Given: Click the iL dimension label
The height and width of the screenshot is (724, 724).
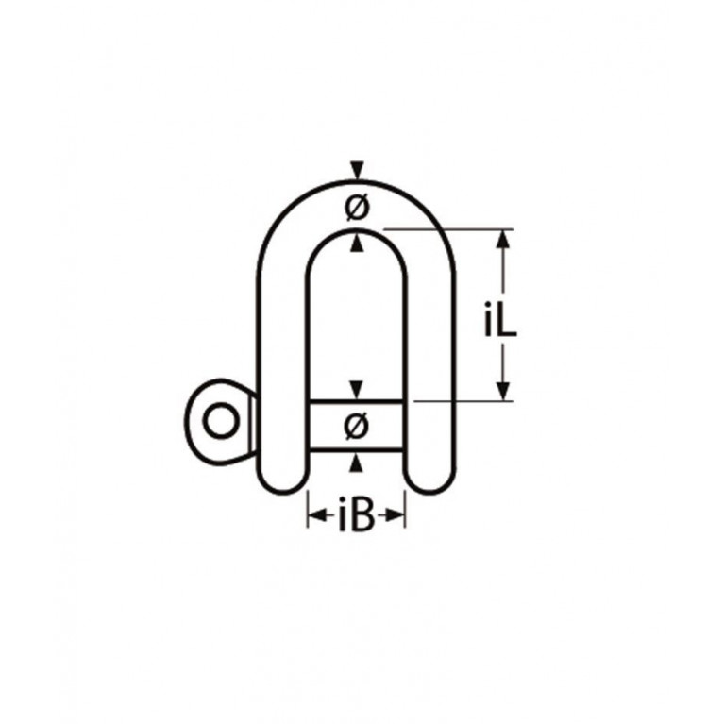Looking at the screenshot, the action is [500, 319].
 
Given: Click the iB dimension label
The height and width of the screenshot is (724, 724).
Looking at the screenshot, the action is [356, 514].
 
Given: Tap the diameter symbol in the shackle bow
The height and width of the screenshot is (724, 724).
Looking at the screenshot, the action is [357, 208].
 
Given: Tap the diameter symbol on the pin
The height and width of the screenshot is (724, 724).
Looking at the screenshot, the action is [357, 426].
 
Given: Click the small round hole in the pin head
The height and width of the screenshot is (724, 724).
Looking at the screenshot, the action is [222, 421].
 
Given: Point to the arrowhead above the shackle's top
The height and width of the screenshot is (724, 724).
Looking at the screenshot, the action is [357, 170].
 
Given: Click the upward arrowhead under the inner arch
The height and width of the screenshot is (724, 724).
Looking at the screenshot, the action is [357, 244].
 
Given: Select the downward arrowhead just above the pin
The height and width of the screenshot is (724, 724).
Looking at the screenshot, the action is [356, 389].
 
